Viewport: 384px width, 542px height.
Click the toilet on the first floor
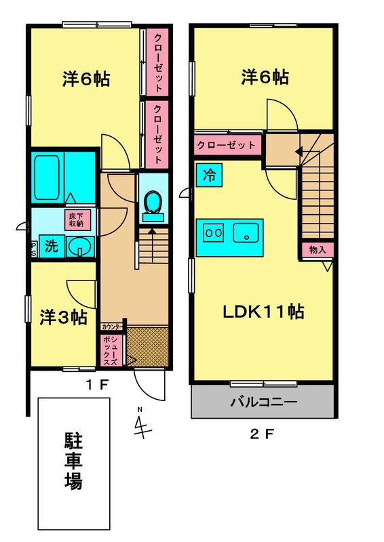[153, 207]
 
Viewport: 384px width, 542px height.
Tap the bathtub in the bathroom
[46, 178]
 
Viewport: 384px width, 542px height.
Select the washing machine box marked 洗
[52, 246]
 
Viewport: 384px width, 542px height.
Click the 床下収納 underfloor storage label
[77, 220]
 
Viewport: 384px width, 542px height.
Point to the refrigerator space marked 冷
[209, 175]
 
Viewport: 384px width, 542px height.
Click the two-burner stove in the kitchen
[213, 232]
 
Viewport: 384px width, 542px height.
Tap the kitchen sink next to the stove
[246, 232]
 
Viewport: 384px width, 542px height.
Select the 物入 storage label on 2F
[318, 249]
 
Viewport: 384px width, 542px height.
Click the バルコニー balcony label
[264, 402]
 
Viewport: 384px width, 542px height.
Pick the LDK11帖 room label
[263, 312]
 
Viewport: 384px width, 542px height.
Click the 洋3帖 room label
[63, 317]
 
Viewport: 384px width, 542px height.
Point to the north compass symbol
[142, 424]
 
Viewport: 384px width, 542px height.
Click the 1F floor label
[97, 385]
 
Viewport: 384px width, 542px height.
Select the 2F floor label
[262, 434]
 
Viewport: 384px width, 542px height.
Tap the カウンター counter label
[111, 327]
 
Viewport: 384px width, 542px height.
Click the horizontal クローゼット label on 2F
[227, 145]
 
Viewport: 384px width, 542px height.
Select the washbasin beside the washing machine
[80, 247]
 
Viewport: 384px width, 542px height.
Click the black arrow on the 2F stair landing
[299, 151]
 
